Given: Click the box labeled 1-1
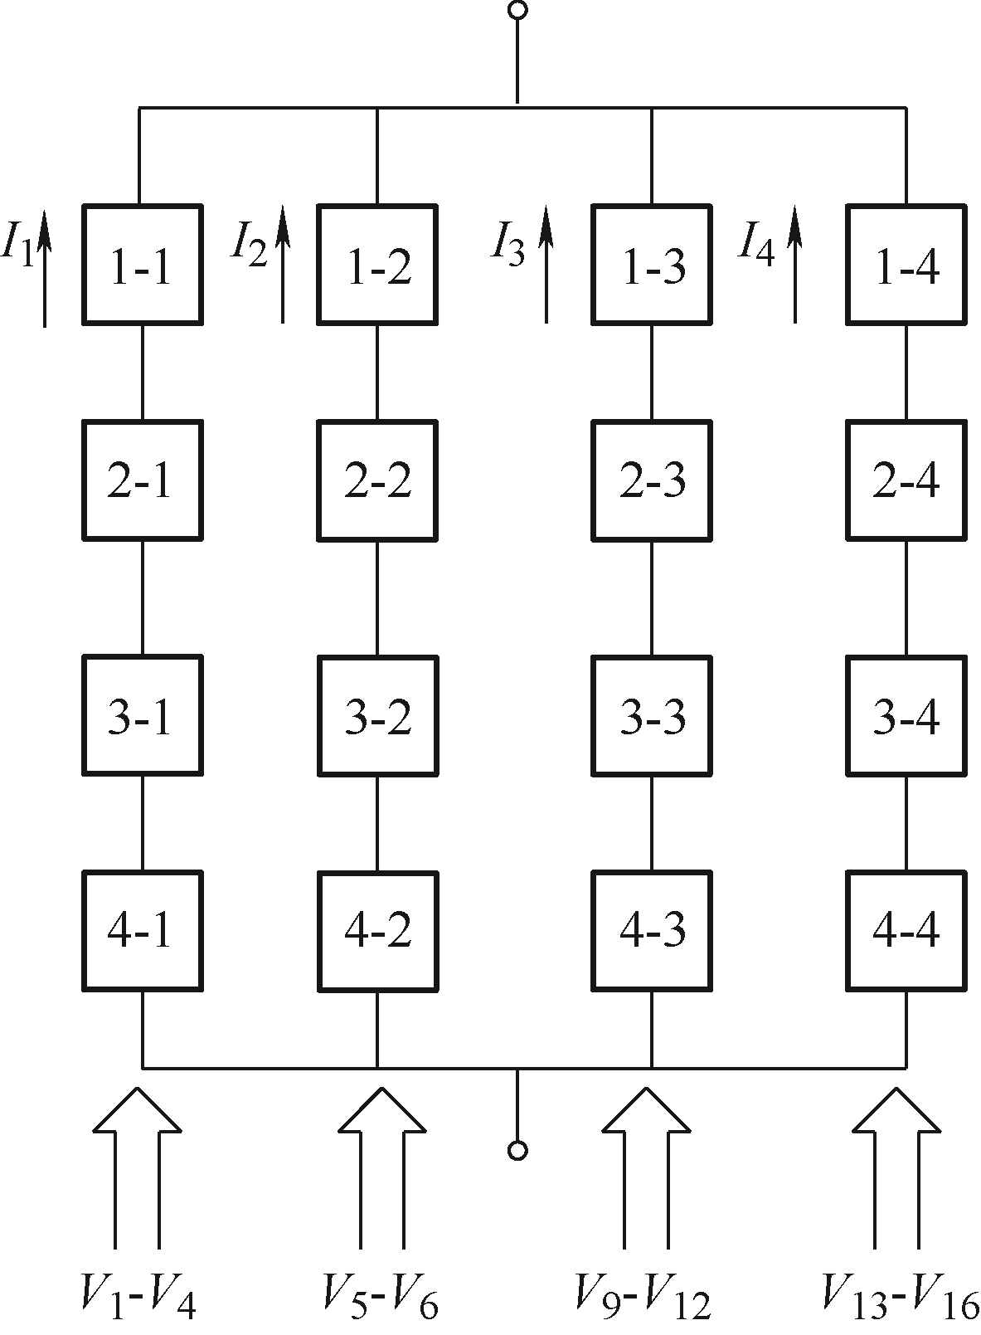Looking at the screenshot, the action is (143, 265).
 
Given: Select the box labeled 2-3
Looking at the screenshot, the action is (652, 480).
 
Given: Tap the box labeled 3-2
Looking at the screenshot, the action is (377, 715).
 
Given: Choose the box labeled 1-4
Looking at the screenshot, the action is (906, 265).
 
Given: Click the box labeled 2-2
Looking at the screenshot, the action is (377, 480).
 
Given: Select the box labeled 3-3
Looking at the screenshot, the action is (652, 715).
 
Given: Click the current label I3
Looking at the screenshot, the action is (508, 245).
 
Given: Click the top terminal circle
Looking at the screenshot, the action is (517, 10).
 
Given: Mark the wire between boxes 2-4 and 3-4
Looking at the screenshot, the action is (906, 598).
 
